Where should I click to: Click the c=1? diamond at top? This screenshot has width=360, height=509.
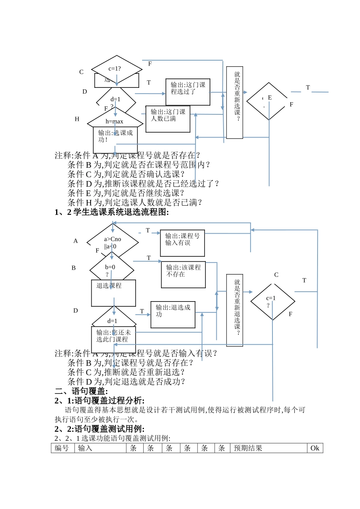pos(116,69)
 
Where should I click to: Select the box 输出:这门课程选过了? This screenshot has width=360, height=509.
pos(188,92)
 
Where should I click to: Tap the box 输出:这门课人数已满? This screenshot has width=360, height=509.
pos(167,119)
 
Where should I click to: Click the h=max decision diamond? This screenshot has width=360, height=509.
pos(115,121)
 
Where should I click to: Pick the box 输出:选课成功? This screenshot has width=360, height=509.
pos(115,139)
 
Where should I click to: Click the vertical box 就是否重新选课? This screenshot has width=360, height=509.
pos(235,103)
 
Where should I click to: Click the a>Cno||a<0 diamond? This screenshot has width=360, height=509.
pos(113,242)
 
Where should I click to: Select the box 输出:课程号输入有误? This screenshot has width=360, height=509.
pos(182,243)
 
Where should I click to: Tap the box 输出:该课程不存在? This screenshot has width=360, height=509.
pos(183,275)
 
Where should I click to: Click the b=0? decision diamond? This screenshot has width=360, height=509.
pos(111,269)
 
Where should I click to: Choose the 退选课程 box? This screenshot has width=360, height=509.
pos(113,293)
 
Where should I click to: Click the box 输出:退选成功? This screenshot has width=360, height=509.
pos(173,314)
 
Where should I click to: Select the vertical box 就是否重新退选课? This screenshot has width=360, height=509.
pos(235,310)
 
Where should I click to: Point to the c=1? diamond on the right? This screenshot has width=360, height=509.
pos(272,301)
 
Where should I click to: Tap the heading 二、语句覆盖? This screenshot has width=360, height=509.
pos(81,391)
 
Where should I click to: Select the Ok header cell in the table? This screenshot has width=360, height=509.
pos(315,448)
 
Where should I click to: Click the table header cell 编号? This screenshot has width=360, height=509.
pos(63,448)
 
